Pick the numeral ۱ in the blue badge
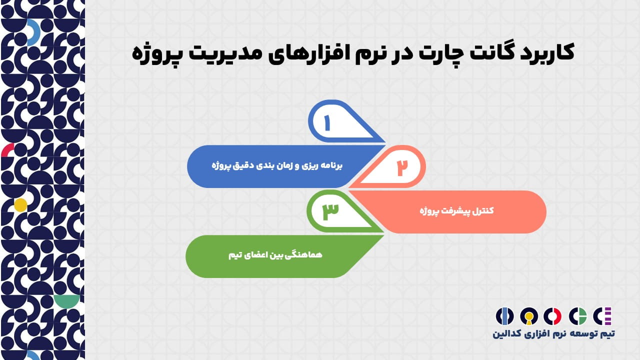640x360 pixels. pos(327,123)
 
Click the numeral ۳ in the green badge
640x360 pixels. pos(330,211)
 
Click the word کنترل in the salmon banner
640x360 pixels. pos(483,211)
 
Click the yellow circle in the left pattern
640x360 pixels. pos(20,205)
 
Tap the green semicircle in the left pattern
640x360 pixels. pos(67,301)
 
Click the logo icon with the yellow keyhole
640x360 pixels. pos(529,316)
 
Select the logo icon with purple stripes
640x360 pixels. pos(602,316)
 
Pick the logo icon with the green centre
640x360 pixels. pos(577,316)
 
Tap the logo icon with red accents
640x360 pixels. pos(552,316)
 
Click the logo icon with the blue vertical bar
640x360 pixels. pos(504,316)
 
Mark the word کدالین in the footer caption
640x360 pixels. pos(507,333)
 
